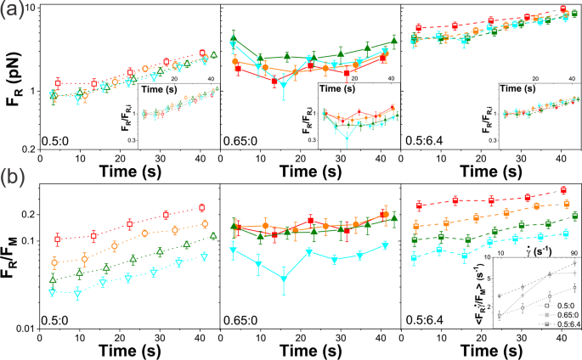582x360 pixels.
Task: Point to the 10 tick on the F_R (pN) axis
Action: tap(29, 8)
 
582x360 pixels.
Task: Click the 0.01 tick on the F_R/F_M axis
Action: tap(25, 329)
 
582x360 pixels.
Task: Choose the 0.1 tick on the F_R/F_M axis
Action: tap(29, 241)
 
